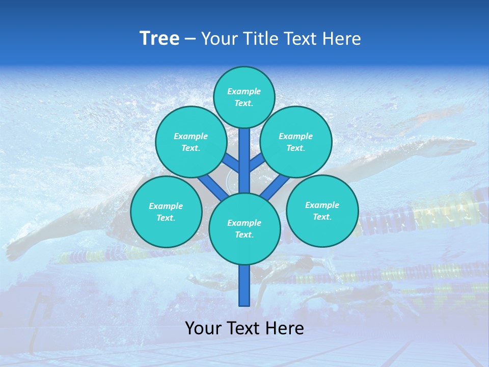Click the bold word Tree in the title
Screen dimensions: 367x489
tap(159, 39)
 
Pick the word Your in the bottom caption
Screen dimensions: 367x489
tap(204, 328)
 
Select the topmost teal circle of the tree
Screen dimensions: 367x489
tap(244, 97)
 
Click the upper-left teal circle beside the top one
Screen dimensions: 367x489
tap(191, 142)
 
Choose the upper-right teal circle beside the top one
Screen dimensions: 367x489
tap(296, 142)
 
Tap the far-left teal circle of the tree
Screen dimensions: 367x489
tap(166, 212)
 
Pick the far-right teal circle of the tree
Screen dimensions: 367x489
tap(322, 211)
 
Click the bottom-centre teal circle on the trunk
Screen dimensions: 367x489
tap(244, 228)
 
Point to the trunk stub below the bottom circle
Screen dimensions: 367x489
tap(244, 285)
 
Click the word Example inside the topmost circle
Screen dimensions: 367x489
tap(244, 91)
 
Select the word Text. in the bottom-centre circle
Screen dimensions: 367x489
tap(244, 235)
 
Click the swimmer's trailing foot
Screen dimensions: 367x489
tap(15, 250)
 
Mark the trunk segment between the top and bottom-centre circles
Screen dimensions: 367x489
tap(244, 161)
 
